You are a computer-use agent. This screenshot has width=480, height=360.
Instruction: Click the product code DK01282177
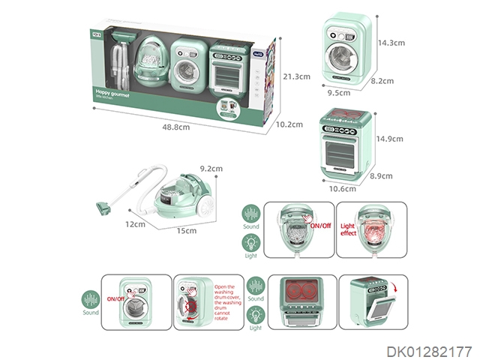click(430, 350)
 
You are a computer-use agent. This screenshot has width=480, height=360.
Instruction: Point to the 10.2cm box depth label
click(289, 124)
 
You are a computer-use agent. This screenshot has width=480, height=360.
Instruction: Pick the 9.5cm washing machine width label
click(338, 94)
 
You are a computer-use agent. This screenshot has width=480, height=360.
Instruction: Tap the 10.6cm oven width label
click(343, 188)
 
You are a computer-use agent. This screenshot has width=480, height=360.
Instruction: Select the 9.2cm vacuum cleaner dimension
click(212, 169)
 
